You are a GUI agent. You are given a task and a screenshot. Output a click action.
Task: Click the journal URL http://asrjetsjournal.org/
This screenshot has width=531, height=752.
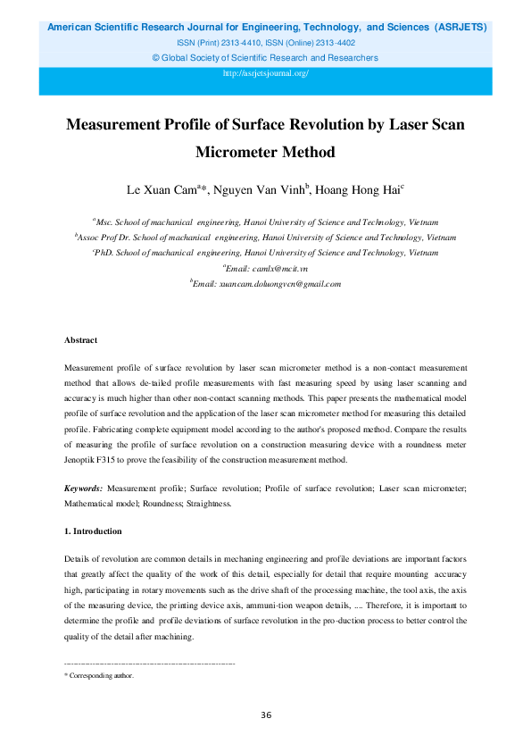point(265,73)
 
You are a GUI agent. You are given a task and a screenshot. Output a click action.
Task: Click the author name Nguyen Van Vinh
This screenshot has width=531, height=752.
point(263,189)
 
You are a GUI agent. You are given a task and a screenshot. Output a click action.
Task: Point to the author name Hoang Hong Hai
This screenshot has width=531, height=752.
point(359,189)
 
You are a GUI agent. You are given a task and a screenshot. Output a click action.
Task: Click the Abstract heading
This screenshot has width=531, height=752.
point(80,340)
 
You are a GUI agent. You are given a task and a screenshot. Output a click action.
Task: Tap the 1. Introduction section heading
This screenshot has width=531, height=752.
point(93,531)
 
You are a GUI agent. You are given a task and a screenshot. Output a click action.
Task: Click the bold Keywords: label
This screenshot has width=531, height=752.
point(84,489)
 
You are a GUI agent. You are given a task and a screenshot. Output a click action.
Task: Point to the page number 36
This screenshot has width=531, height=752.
point(266,714)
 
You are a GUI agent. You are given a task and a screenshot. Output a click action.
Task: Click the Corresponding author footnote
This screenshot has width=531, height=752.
point(101,676)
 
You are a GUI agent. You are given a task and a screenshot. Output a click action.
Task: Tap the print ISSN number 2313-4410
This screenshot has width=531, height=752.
point(240,43)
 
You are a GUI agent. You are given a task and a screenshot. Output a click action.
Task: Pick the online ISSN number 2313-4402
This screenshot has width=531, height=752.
point(334,43)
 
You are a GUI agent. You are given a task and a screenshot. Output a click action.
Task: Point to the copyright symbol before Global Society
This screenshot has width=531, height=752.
point(157,58)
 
